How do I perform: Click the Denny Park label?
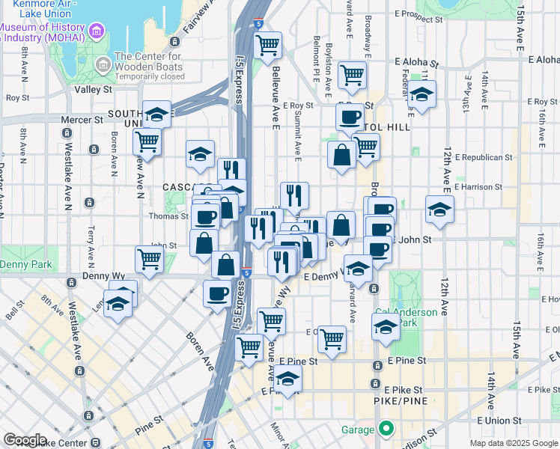[25, 265]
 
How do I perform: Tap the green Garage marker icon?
[386, 430]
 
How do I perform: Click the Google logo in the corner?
[25, 440]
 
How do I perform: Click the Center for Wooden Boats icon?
[103, 66]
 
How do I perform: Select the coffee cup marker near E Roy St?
[349, 117]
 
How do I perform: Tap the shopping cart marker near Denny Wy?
[149, 259]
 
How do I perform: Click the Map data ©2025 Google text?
[514, 443]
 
